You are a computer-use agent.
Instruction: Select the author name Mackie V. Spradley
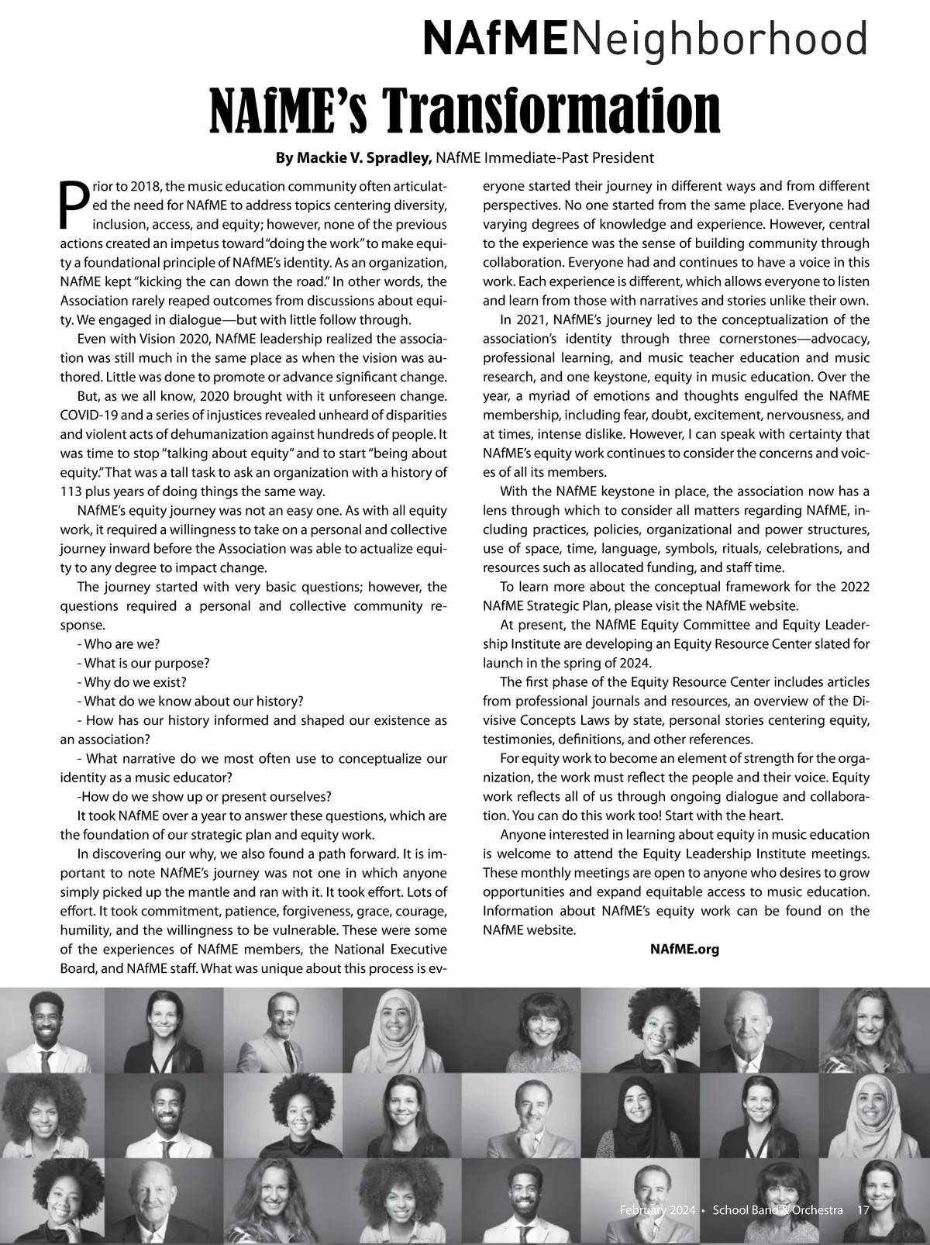pyautogui.click(x=353, y=158)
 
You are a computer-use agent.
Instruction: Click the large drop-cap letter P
pyautogui.click(x=72, y=206)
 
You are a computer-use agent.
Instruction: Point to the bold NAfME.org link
pyautogui.click(x=684, y=949)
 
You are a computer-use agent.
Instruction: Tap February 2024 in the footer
pyautogui.click(x=656, y=1210)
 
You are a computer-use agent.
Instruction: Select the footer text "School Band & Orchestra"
pyautogui.click(x=777, y=1210)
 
